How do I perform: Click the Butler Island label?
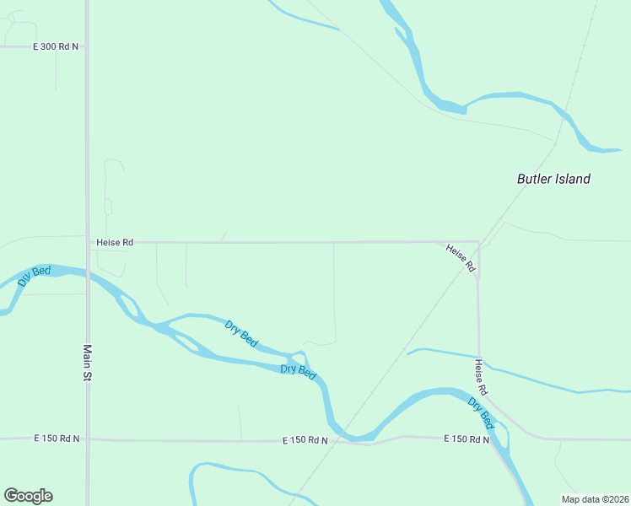[x=553, y=179]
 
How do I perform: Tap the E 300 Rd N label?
[x=56, y=46]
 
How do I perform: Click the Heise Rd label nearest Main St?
[x=116, y=242]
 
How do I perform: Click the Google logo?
[x=28, y=496]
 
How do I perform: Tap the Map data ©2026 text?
[x=595, y=499]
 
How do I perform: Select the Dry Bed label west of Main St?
[x=35, y=277]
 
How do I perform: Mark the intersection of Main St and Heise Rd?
[x=87, y=242]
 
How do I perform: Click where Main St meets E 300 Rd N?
[x=87, y=46]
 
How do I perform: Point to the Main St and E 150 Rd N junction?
[x=87, y=439]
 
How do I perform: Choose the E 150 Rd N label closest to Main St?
[x=57, y=439]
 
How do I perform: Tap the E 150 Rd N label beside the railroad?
[x=305, y=441]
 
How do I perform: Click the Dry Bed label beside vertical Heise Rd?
[x=482, y=412]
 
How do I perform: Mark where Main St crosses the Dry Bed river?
[x=87, y=274]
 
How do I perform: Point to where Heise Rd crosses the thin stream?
[x=479, y=357]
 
